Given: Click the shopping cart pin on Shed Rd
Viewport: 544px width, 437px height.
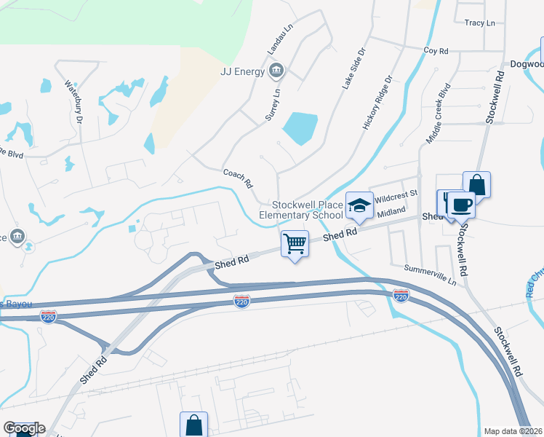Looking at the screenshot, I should click(295, 244).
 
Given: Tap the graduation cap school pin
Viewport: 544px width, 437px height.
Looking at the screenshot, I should click(359, 205).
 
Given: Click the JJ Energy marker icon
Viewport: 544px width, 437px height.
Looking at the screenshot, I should click(276, 71).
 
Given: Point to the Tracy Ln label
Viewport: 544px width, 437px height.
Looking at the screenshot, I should click(479, 23).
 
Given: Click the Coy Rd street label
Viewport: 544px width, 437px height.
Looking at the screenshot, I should click(436, 51).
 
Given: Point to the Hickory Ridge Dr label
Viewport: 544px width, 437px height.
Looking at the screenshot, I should click(378, 103).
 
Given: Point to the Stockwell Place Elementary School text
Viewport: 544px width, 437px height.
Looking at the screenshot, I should click(301, 210).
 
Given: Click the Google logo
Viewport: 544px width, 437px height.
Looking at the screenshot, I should click(23, 428).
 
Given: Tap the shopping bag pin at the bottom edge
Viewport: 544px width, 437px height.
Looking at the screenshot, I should click(194, 424).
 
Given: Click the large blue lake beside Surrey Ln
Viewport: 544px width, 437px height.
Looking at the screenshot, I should click(298, 129).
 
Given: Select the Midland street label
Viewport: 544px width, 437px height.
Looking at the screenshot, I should click(391, 210).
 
